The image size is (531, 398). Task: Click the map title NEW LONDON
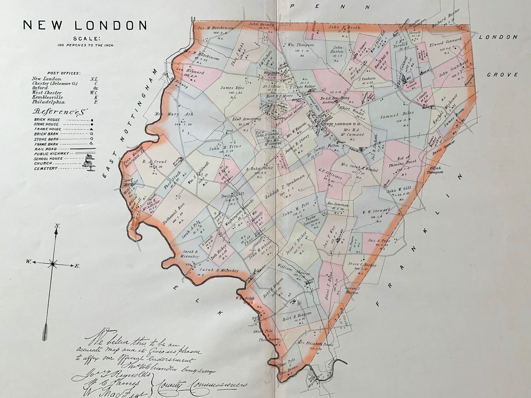coord(85,25)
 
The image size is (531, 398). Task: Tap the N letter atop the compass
coord(57,227)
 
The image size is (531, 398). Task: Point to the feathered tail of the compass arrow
coord(46,331)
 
